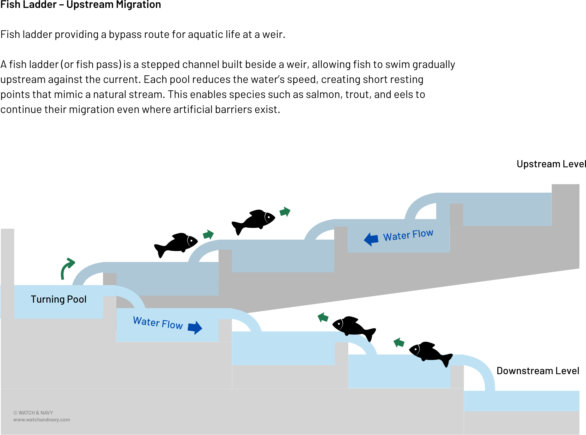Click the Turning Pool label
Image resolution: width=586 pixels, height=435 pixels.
58,299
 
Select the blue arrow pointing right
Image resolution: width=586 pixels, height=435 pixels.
195,327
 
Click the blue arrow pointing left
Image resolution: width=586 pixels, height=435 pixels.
371,239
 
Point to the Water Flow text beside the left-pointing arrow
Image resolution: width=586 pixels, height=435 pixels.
408,235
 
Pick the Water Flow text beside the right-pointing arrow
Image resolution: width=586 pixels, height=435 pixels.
158,323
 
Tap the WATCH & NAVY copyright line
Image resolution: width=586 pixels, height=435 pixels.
33,413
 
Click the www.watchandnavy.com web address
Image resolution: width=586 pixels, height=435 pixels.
41,420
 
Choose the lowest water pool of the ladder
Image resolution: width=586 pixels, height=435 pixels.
522,401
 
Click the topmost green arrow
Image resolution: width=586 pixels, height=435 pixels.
285,212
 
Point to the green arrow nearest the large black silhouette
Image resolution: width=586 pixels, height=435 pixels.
399,342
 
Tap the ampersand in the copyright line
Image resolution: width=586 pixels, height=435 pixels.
37,413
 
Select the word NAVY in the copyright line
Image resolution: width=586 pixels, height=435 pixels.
47,413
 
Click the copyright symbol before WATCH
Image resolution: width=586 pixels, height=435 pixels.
15,413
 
